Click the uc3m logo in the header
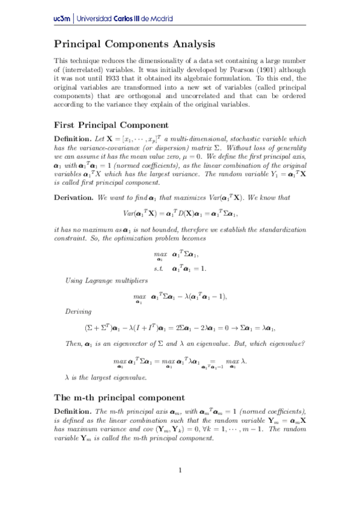tap(62, 19)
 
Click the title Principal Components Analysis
tap(135, 44)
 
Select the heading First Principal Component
tap(111, 125)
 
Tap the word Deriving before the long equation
tap(78, 312)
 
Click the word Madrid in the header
tap(159, 19)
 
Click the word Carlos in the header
tap(127, 19)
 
